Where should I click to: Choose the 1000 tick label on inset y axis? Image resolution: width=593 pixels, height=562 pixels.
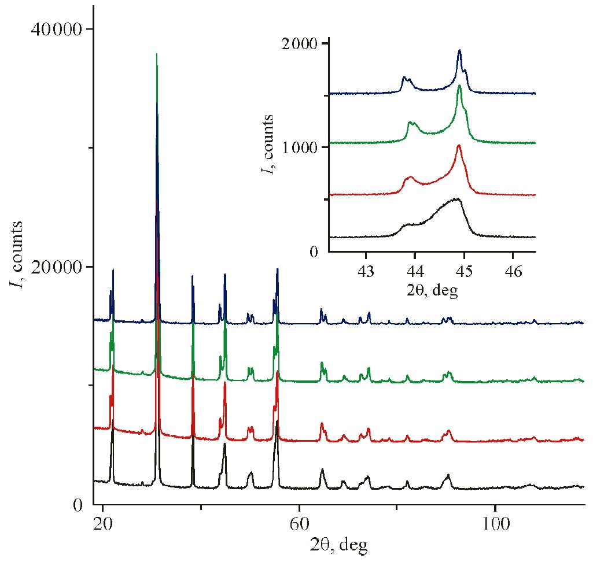(301, 147)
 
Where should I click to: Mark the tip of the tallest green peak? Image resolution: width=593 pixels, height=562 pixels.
(157, 54)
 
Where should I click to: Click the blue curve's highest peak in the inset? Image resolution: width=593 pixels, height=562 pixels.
(459, 50)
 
